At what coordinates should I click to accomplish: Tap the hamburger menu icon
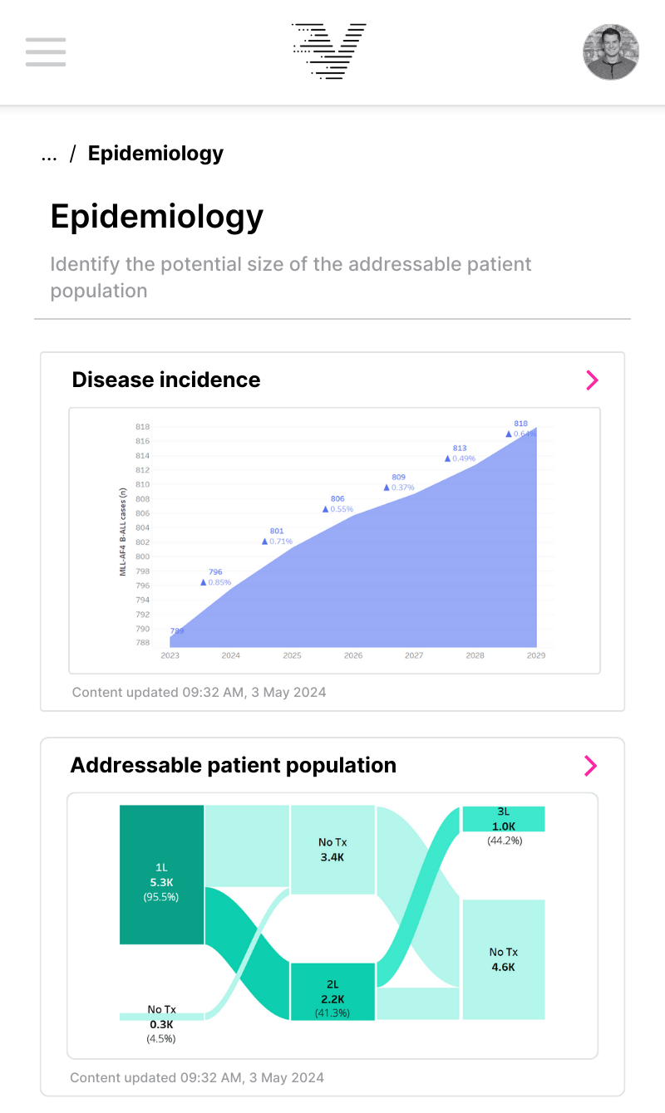click(x=46, y=51)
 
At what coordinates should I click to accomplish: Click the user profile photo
click(x=611, y=51)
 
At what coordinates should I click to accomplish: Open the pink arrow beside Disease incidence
click(x=592, y=380)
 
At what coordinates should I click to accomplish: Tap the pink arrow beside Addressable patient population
click(x=590, y=766)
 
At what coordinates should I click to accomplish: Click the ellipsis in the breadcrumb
click(x=49, y=154)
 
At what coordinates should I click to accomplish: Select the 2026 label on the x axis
click(x=353, y=655)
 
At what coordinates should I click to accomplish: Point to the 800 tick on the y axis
click(x=142, y=556)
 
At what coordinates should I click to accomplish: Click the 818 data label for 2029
click(x=520, y=424)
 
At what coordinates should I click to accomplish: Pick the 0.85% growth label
click(x=219, y=582)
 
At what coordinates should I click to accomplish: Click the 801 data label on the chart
click(x=277, y=531)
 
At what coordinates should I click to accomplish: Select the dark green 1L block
click(x=162, y=874)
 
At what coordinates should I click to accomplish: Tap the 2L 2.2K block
click(x=332, y=992)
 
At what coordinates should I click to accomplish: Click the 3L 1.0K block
click(x=504, y=819)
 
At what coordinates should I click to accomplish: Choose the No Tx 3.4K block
click(x=332, y=850)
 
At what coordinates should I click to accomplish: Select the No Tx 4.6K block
click(x=504, y=959)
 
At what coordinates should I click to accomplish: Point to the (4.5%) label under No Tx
click(x=161, y=1038)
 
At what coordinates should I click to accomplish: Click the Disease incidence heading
click(x=166, y=380)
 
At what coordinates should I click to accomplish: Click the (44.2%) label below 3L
click(x=504, y=841)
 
